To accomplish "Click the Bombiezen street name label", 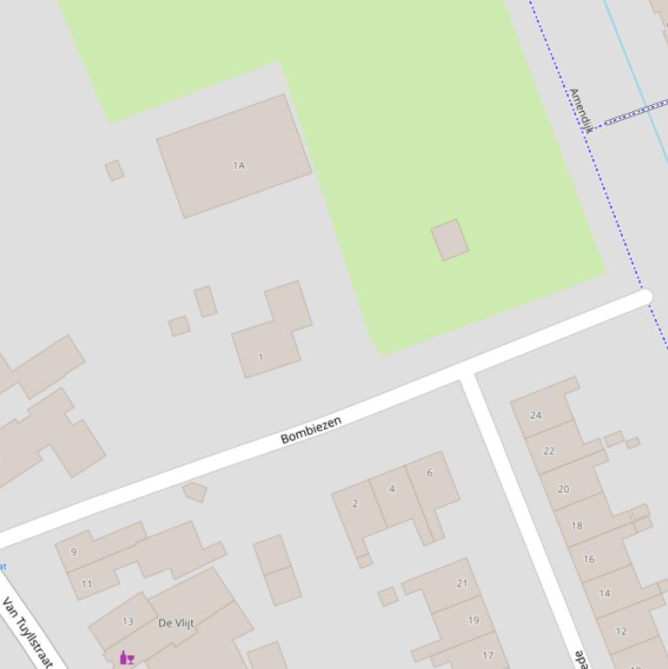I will [x=311, y=429].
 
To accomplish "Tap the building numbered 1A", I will [x=234, y=156].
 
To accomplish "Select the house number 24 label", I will [x=536, y=415].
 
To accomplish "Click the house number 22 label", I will [x=549, y=451].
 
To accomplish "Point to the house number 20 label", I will [x=563, y=489].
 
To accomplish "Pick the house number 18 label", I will [x=577, y=526].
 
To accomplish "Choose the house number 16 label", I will [x=589, y=559].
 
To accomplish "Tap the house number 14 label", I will [x=605, y=593].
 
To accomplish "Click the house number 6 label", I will [x=429, y=473].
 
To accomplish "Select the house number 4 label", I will [x=392, y=489].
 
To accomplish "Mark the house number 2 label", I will [x=354, y=503].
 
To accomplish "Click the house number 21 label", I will [x=462, y=583].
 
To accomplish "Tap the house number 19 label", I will [x=473, y=620].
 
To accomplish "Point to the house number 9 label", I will [x=74, y=552].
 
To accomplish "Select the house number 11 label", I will [x=86, y=584].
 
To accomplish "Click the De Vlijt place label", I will [x=176, y=623].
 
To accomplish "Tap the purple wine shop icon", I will [x=127, y=658].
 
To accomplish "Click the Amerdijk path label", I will [x=580, y=109].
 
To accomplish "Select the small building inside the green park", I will [x=450, y=240].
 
